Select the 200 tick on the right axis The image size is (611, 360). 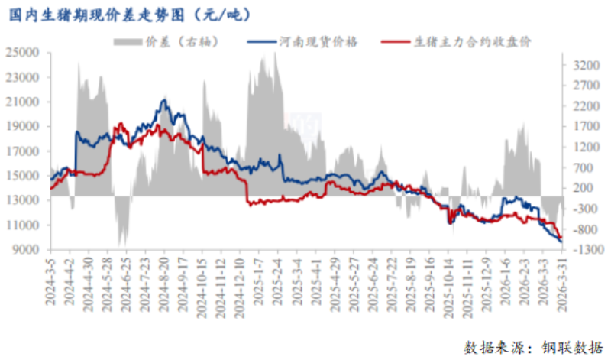[x=581, y=188]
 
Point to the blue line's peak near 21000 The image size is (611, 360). [x=163, y=100]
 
